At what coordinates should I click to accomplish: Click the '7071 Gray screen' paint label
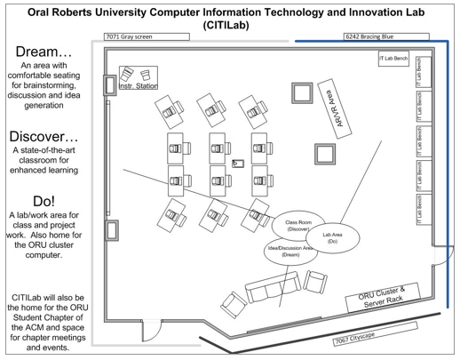pos(147,36)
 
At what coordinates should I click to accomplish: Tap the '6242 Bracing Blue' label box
pos(386,36)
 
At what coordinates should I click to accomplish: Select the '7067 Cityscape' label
pos(375,334)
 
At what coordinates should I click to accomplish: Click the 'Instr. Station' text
pos(139,86)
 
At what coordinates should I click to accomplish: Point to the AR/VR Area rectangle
pos(335,108)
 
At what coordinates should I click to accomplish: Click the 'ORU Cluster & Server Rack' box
pos(383,297)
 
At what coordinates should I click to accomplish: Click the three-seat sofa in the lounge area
pos(273,287)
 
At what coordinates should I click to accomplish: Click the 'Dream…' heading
pos(44,52)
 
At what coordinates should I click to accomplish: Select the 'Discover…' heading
pos(44,137)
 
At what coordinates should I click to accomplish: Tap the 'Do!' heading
pos(44,201)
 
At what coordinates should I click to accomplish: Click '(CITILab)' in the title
pos(226,25)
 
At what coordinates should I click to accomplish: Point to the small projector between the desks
pos(238,164)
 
